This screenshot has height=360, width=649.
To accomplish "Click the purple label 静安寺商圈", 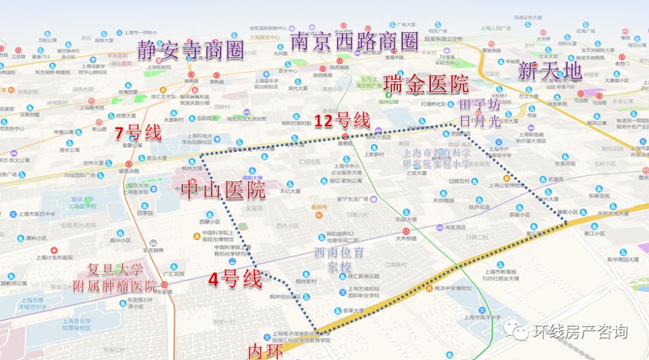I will pos(190,50).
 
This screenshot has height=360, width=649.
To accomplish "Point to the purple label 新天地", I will pos(550,72).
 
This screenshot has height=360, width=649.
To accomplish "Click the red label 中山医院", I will pos(223,191).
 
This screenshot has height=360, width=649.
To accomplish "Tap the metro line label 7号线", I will pos(138,133).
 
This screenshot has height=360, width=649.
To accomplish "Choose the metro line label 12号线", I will pos(342,120).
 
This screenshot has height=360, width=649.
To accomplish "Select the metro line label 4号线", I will pos(235,279).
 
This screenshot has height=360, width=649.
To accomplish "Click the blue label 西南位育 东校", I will pos(340,260).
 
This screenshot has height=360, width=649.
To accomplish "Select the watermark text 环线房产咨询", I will pos(580,331).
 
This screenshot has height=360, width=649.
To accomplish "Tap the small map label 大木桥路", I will pos(406,239).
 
